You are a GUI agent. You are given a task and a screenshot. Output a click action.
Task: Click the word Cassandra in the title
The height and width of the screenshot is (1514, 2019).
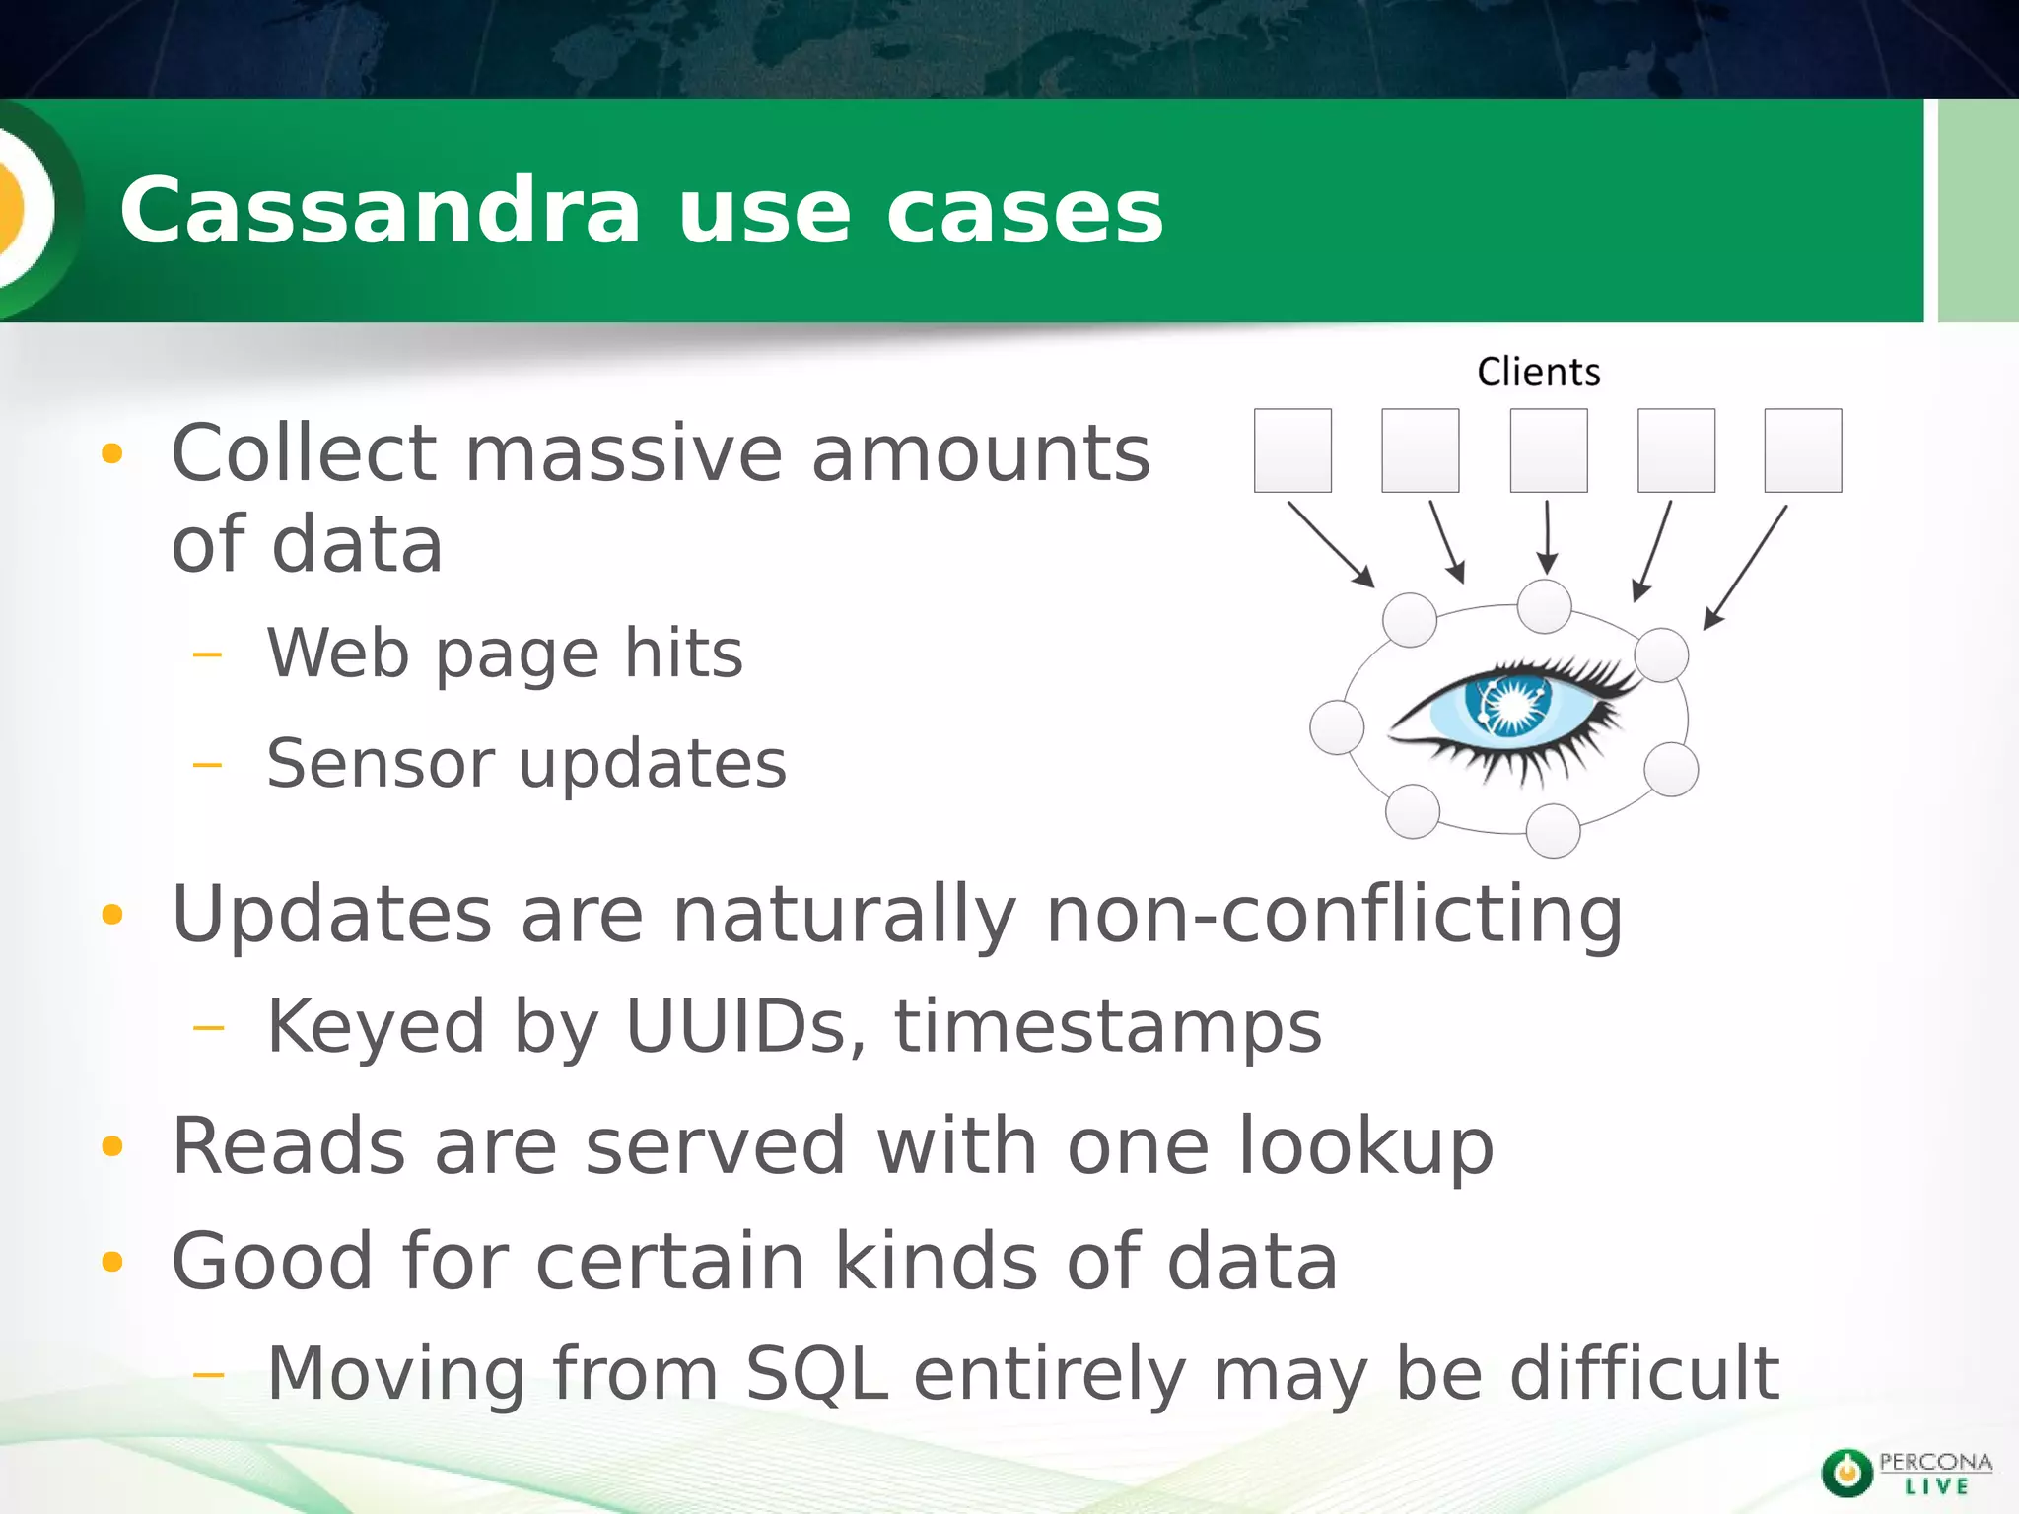coord(381,211)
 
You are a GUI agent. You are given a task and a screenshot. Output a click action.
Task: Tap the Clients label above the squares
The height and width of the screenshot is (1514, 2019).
coord(1538,373)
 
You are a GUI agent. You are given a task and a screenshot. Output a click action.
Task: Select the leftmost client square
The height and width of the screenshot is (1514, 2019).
coord(1292,450)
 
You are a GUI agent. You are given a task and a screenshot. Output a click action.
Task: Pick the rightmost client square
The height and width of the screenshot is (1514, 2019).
coord(1802,450)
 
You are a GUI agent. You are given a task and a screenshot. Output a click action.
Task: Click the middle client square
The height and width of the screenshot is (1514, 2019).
coord(1548,450)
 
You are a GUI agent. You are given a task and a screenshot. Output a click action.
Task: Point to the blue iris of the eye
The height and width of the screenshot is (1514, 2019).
coord(1508,703)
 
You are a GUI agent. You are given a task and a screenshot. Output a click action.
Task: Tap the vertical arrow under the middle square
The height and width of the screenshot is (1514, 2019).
coord(1547,537)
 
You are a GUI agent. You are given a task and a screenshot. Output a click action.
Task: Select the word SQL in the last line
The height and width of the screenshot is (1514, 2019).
coord(816,1373)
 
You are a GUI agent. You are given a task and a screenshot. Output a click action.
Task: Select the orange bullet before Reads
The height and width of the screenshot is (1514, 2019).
coord(112,1146)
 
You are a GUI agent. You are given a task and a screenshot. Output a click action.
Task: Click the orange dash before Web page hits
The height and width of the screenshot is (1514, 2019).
coord(208,654)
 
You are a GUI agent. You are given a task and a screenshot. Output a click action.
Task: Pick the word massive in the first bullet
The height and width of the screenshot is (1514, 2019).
coord(623,453)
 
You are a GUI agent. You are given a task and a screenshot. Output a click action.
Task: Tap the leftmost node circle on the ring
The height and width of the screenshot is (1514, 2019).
coord(1337,727)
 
